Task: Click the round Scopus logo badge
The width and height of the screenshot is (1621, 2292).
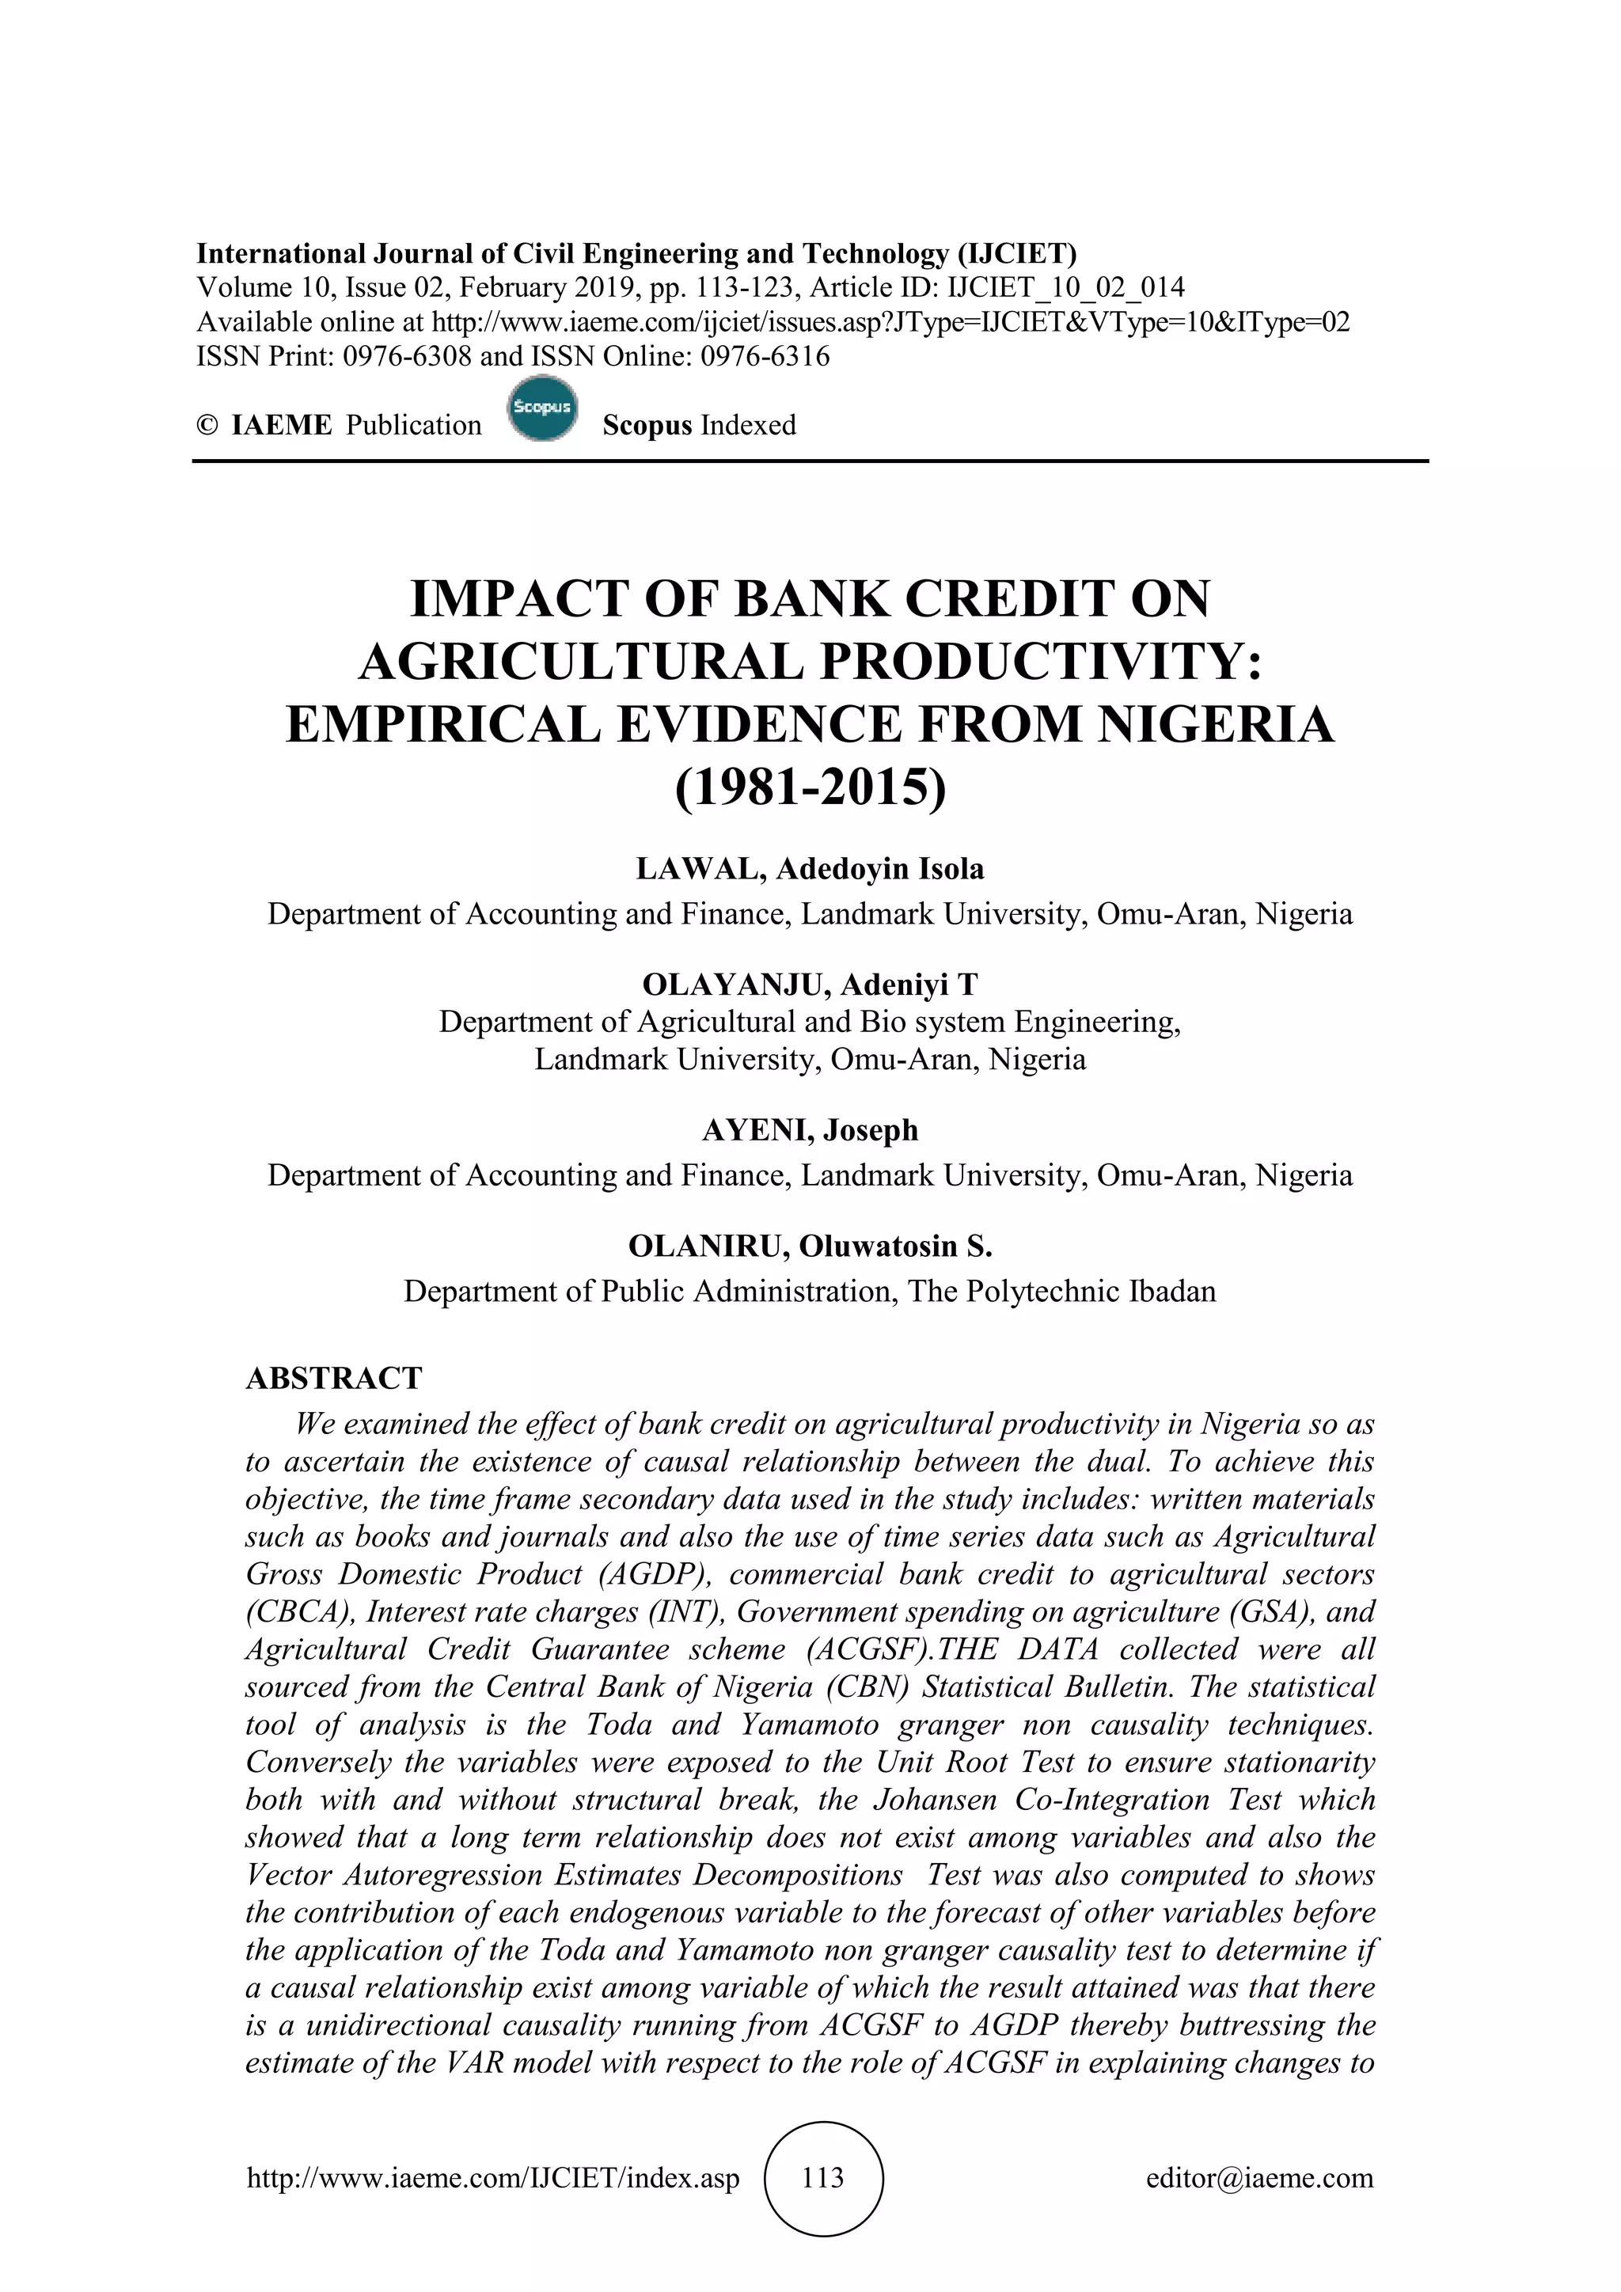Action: click(x=542, y=408)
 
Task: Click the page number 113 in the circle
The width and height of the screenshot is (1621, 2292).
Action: click(x=822, y=2177)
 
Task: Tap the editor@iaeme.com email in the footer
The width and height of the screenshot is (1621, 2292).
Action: click(x=1259, y=2177)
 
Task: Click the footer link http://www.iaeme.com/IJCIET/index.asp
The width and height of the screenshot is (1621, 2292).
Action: click(x=493, y=2177)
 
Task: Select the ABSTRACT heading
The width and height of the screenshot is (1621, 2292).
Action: click(x=334, y=1378)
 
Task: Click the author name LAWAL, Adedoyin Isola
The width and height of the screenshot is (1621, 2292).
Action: click(x=810, y=868)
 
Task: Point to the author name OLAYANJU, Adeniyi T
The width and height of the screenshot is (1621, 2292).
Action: click(x=810, y=985)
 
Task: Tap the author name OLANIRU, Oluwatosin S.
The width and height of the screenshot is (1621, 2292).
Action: click(x=810, y=1246)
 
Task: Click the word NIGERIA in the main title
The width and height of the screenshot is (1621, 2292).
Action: click(x=1216, y=723)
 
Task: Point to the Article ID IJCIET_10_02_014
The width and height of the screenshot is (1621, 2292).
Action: click(x=1066, y=289)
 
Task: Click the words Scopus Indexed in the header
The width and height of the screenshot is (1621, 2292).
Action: click(x=699, y=425)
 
